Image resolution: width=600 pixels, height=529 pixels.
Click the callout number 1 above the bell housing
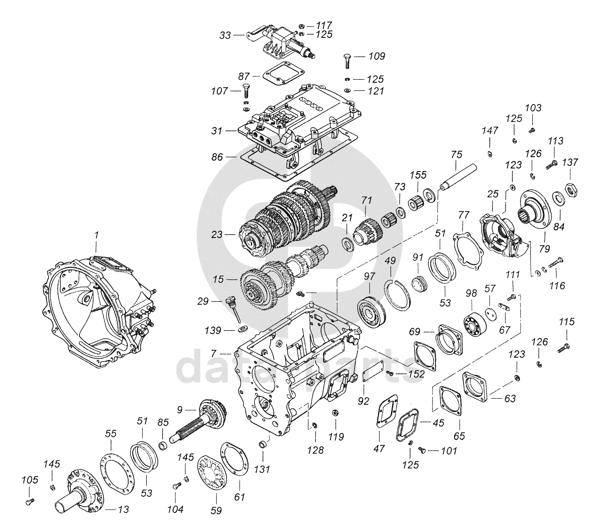[96, 235]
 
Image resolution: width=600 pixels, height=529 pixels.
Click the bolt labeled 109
[348, 61]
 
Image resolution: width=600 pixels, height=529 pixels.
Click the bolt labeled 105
[29, 502]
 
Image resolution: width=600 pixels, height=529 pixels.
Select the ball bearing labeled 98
[473, 321]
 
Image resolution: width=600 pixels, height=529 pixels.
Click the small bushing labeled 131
[263, 444]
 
